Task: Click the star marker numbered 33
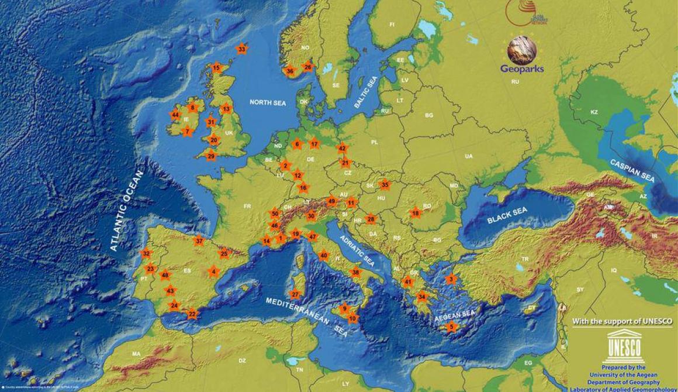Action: tap(241, 49)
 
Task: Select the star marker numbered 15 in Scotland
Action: tap(216, 68)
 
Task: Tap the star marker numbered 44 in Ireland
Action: tap(175, 115)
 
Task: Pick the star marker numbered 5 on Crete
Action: tap(451, 326)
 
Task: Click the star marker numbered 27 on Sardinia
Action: tap(295, 294)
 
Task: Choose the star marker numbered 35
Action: tap(384, 185)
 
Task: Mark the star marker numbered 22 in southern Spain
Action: tap(192, 314)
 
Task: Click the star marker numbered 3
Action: tap(451, 280)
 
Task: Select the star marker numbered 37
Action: tap(199, 240)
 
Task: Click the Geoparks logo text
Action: tap(521, 68)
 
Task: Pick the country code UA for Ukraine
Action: tap(468, 156)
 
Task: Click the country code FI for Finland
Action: tap(392, 25)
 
